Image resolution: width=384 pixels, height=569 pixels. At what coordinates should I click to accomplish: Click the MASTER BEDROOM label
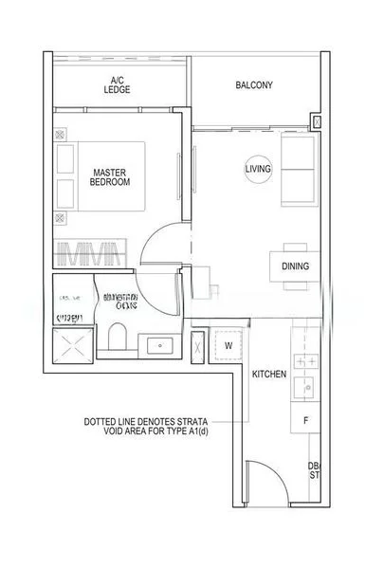[111, 176]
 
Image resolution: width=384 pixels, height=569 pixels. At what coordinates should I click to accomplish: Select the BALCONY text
[253, 85]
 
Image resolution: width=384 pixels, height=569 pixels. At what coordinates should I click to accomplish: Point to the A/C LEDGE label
[119, 84]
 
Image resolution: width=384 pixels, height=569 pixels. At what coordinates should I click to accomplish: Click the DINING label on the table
[295, 266]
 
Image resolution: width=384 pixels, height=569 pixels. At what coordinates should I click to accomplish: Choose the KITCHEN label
[268, 375]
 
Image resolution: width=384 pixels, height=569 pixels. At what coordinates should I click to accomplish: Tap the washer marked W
[229, 346]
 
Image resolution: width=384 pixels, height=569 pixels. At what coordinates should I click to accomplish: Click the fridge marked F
[305, 419]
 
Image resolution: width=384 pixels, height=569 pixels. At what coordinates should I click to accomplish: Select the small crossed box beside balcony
[317, 121]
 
